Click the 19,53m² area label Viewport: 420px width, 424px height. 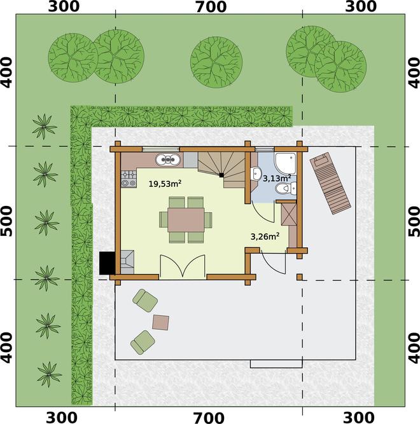click(x=165, y=184)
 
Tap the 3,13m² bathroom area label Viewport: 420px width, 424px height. click(x=277, y=178)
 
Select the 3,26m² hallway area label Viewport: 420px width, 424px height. click(x=265, y=236)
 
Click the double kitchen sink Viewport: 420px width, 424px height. click(x=168, y=160)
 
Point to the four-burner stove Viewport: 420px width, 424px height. click(x=129, y=179)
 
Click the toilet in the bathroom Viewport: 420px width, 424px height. click(x=286, y=188)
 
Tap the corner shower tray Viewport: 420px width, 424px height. click(x=286, y=163)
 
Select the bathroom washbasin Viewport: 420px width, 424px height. click(x=256, y=174)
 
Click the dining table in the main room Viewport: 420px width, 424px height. click(x=186, y=219)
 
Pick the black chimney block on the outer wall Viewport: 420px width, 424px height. click(x=108, y=263)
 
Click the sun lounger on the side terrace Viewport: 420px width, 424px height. click(x=330, y=183)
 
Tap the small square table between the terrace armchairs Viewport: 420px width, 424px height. click(x=161, y=322)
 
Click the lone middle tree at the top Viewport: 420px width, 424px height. click(x=216, y=62)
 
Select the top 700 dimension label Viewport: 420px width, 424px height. click(x=211, y=7)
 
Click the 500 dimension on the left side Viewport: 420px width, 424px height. click(x=7, y=221)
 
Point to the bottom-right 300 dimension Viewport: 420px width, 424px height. click(x=358, y=418)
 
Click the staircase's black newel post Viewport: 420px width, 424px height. click(x=221, y=175)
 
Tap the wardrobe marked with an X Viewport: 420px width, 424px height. click(x=289, y=214)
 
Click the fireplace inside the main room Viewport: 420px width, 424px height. click(x=127, y=262)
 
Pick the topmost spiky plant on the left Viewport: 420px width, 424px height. click(x=44, y=127)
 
